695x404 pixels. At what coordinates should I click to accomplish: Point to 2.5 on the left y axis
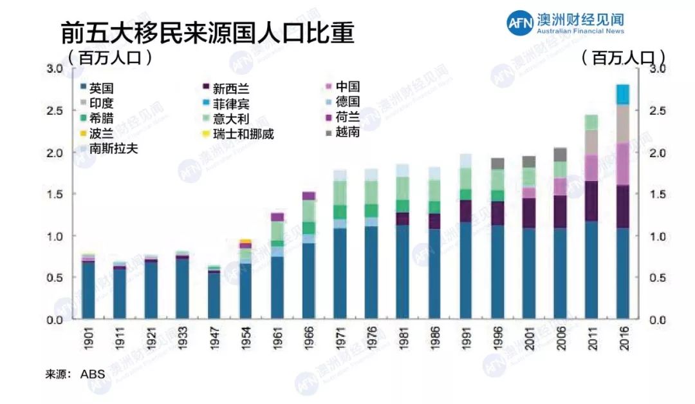[x=54, y=111]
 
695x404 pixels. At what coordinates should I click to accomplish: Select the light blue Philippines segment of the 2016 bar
[x=622, y=94]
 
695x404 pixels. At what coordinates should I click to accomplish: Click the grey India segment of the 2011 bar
[x=591, y=142]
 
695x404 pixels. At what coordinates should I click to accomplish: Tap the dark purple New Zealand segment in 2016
[x=622, y=206]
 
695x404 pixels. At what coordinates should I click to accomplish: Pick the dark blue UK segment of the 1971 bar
[x=340, y=274]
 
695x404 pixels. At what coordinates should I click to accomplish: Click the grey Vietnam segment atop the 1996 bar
[x=497, y=164]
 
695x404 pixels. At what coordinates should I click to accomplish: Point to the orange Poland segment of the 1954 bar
[x=245, y=242]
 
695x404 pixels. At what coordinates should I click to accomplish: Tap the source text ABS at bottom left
[x=93, y=374]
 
